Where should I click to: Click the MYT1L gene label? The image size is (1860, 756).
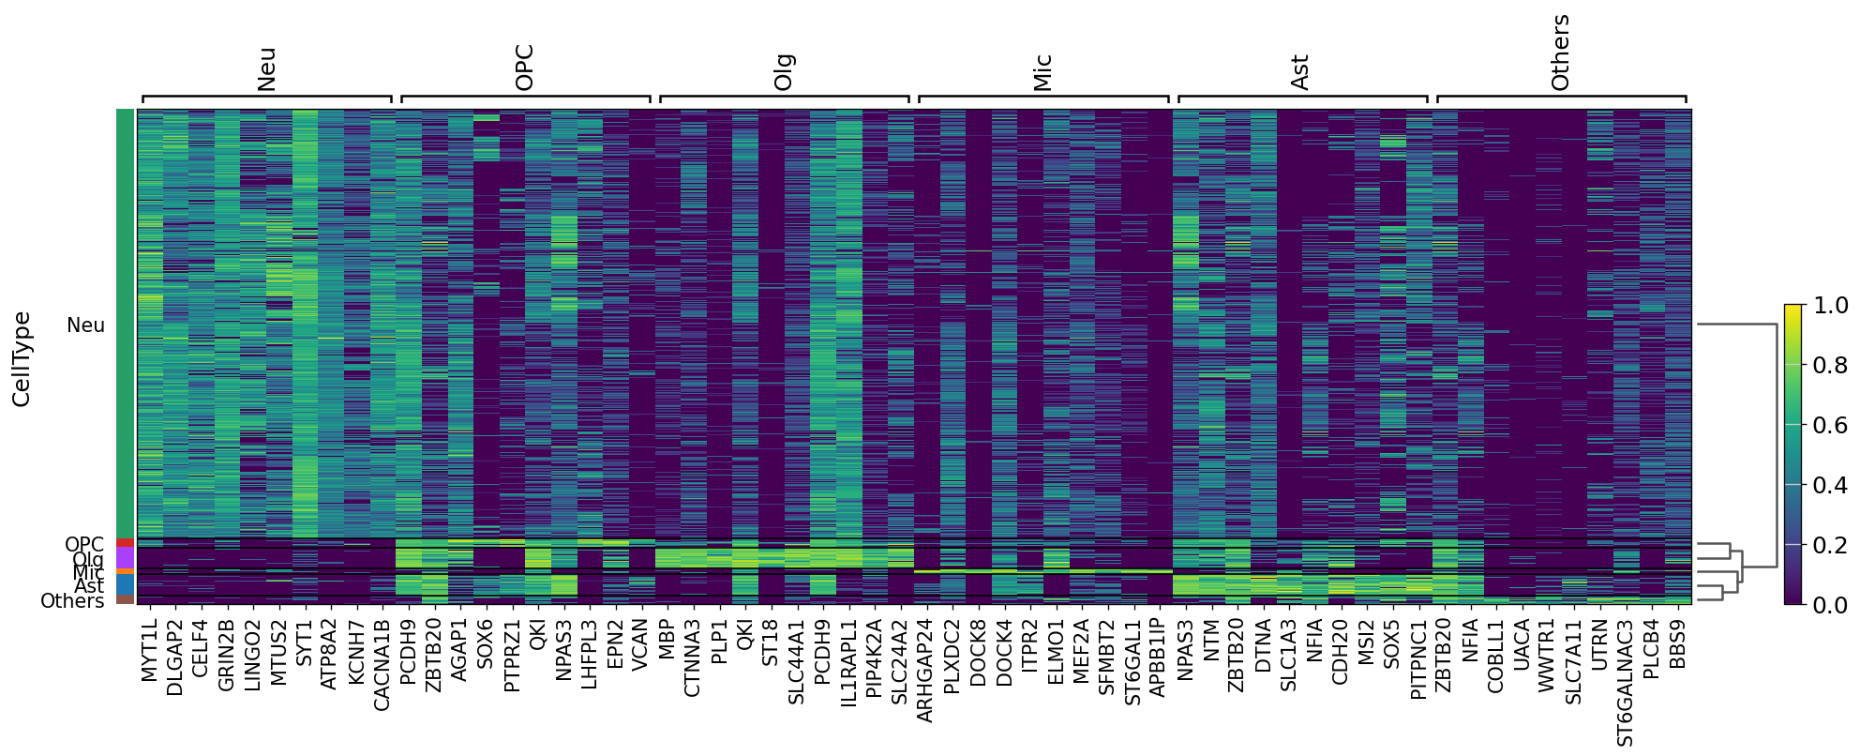tap(150, 649)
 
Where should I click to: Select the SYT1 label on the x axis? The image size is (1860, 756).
tap(304, 642)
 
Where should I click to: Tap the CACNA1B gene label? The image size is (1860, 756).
tap(382, 664)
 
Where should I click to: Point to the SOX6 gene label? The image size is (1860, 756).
tap(485, 643)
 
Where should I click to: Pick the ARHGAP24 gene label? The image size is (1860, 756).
tap(924, 670)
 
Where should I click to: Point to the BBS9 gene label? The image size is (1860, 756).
tap(1677, 643)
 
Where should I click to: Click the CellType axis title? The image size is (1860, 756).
tap(22, 359)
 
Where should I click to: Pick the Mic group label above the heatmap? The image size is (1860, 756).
tap(1042, 72)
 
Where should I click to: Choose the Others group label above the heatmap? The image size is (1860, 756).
tap(1560, 53)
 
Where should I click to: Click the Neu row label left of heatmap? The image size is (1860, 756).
tap(85, 325)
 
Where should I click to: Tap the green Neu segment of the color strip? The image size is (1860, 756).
tap(125, 324)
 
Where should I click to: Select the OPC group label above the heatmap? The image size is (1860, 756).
tap(524, 68)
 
